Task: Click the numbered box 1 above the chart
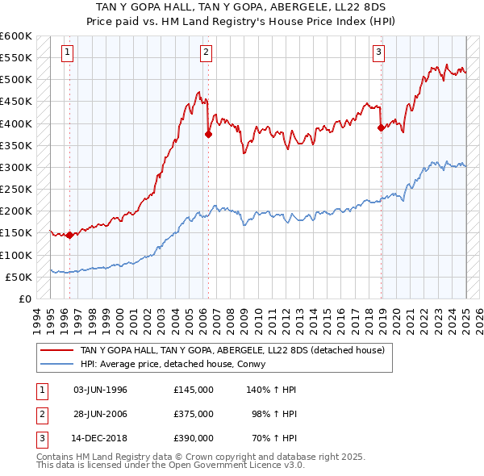click(x=67, y=53)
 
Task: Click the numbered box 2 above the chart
click(x=207, y=53)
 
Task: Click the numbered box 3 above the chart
click(x=379, y=53)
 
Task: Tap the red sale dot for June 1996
click(x=69, y=236)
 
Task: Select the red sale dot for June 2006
click(x=208, y=135)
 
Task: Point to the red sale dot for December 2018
click(x=381, y=127)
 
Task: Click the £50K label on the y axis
click(x=19, y=277)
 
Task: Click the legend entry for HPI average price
click(x=173, y=364)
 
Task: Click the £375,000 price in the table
click(x=193, y=413)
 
